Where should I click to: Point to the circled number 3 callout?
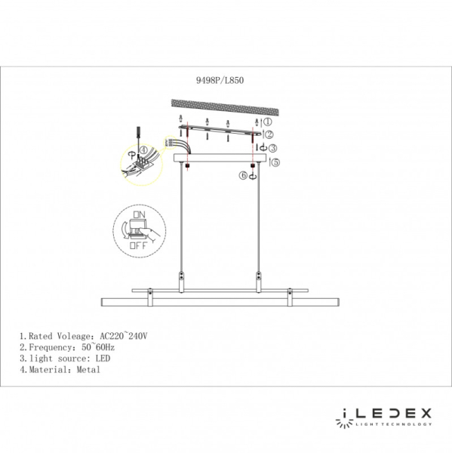click(x=274, y=148)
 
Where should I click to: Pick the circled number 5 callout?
click(x=275, y=162)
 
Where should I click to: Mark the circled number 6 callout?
click(x=243, y=176)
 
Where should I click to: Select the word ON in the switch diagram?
click(x=139, y=214)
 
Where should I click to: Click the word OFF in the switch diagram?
click(x=138, y=245)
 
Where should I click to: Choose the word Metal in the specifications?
click(x=88, y=370)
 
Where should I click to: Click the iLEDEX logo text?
click(x=383, y=414)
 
